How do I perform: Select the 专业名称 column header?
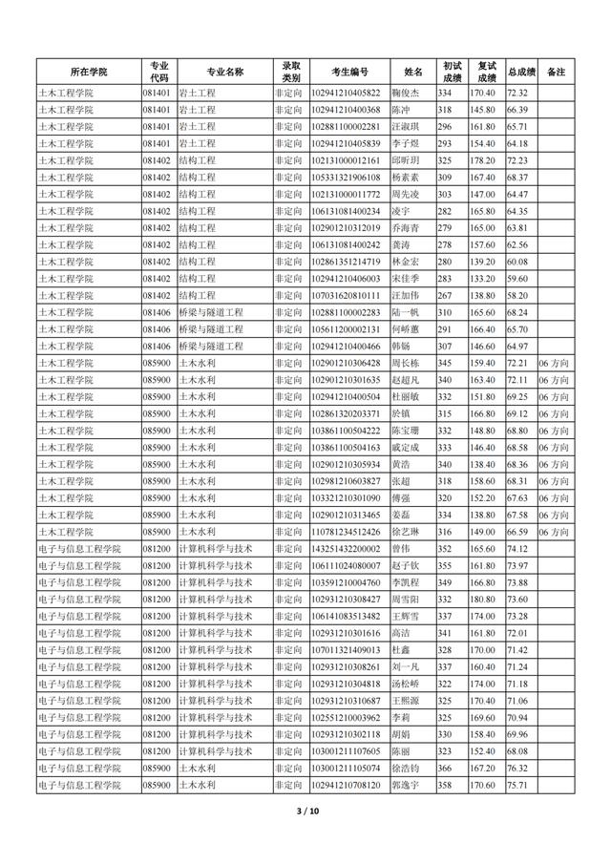pos(224,72)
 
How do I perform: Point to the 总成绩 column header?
pos(521,72)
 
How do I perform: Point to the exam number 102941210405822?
pos(345,93)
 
